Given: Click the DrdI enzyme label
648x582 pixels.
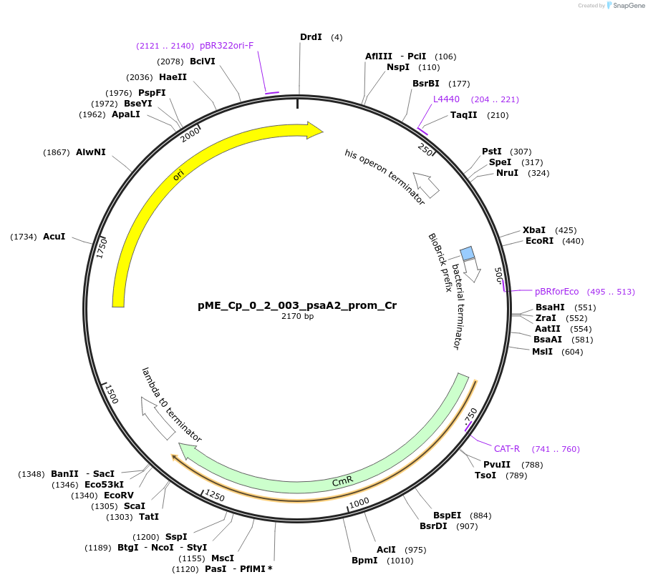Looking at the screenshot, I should click(311, 37).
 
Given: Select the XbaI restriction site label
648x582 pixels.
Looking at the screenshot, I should click(533, 230).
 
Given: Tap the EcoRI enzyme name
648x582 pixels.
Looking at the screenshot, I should click(539, 242).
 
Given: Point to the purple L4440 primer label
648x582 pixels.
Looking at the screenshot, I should click(446, 99).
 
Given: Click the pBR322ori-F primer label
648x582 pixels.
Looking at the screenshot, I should click(226, 46).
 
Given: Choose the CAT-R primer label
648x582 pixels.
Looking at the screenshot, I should click(507, 449).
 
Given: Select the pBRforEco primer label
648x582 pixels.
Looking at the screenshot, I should click(556, 292).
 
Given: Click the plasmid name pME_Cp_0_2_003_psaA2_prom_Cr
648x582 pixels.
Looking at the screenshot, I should click(297, 305).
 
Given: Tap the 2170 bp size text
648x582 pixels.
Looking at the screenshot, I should click(297, 316).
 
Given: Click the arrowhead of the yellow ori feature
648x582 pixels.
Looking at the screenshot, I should click(315, 129).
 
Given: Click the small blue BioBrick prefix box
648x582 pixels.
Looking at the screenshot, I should click(468, 253).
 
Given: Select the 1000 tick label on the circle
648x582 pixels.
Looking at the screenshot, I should click(359, 502).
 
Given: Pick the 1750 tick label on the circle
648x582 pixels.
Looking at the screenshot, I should click(102, 247).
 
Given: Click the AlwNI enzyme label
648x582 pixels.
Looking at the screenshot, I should click(91, 152).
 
